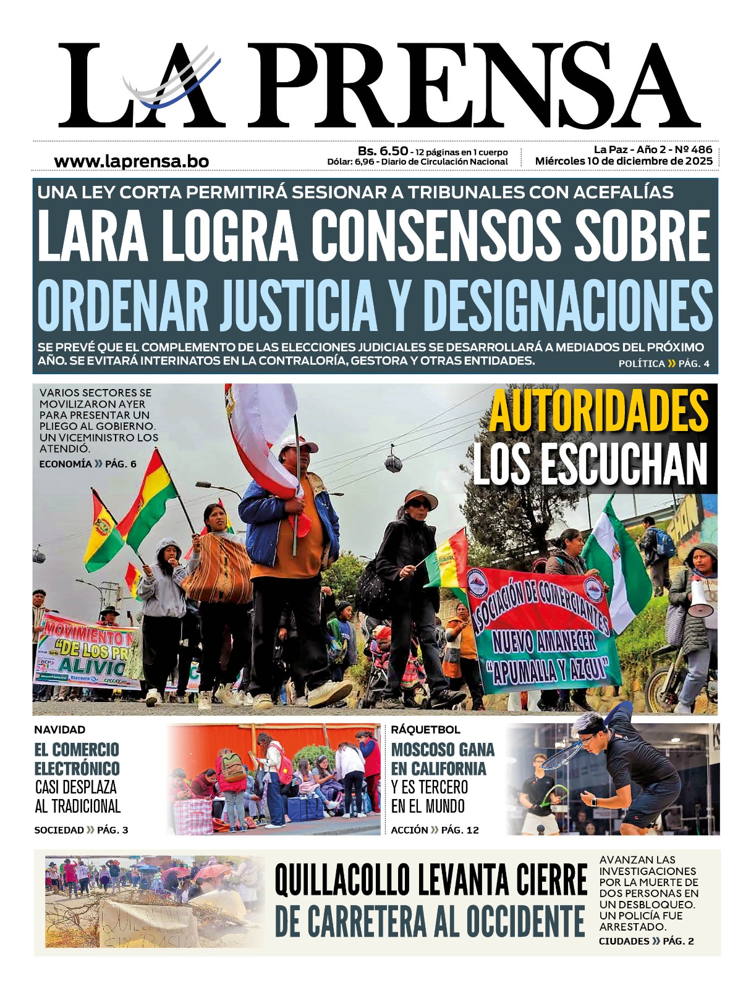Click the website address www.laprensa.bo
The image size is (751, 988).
coord(131,161)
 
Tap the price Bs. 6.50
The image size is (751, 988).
coord(383,151)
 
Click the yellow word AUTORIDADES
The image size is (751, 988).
coord(598,411)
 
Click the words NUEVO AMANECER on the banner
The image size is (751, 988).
coord(544,642)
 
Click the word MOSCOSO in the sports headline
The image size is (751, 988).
coord(420,750)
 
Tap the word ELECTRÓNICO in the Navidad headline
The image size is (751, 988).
coord(77,769)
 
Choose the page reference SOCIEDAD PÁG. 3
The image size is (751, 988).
coord(81,830)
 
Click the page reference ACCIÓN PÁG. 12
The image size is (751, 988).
coord(435,830)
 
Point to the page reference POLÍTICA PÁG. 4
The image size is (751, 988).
coord(663,364)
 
